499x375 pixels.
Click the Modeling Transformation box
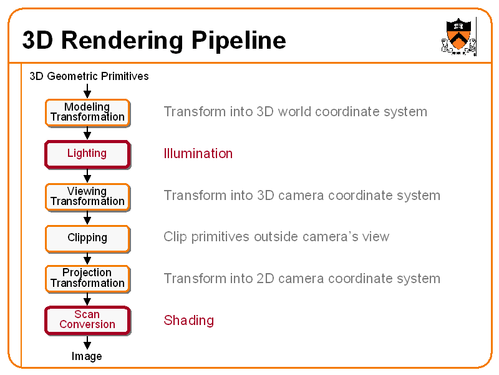[x=87, y=113]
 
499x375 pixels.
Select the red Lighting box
[x=87, y=154]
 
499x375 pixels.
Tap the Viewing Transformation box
[x=87, y=197]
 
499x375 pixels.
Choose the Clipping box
[x=87, y=239]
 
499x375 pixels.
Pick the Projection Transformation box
[x=87, y=279]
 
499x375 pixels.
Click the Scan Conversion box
[x=87, y=321]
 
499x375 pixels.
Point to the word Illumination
[x=198, y=153]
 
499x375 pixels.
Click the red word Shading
[x=189, y=321]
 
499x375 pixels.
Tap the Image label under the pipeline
[x=87, y=356]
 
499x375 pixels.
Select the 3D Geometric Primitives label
[x=89, y=76]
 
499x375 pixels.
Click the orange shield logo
[x=458, y=36]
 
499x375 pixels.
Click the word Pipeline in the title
[x=239, y=41]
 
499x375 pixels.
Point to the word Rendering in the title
[x=122, y=41]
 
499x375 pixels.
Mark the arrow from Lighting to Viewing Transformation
[x=87, y=176]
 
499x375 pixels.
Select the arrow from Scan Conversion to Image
[x=87, y=342]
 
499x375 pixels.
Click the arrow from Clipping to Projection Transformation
[x=87, y=259]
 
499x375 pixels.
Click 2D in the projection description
[x=265, y=278]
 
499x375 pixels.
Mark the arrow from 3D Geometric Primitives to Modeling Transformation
[x=87, y=91]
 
